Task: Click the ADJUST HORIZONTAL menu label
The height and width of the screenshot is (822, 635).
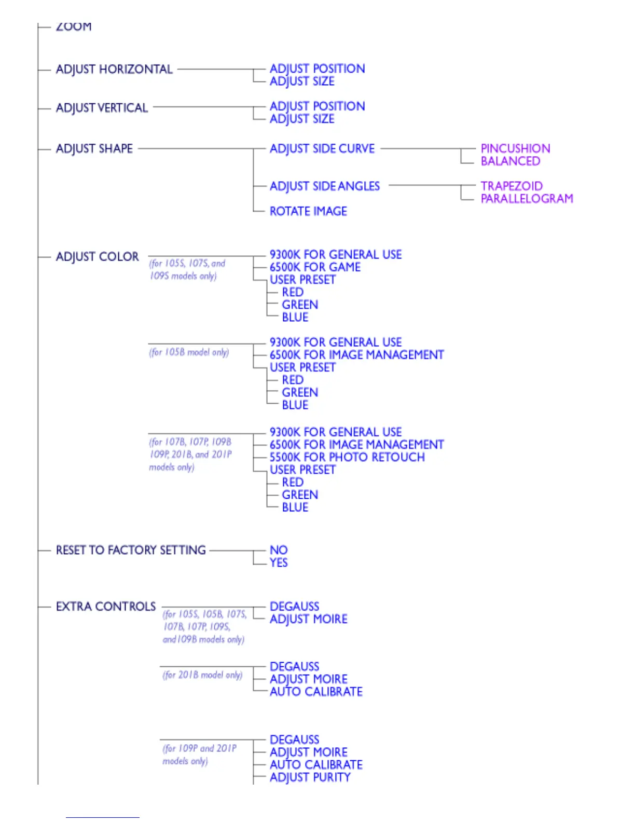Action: pos(114,70)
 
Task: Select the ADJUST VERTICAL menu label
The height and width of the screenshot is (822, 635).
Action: pos(102,108)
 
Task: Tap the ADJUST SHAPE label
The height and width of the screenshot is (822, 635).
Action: pos(94,149)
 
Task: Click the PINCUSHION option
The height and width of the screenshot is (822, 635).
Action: pos(515,149)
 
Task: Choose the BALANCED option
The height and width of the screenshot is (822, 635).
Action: pos(510,161)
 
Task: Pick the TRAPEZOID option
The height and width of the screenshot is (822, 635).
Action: pos(512,186)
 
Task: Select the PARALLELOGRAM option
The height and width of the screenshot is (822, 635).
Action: pos(527,199)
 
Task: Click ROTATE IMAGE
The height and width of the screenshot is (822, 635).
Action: pos(308,211)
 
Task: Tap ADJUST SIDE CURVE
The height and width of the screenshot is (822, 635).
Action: pos(322,149)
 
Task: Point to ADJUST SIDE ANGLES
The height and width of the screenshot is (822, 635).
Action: pos(324,186)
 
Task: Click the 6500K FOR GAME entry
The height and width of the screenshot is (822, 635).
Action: pos(315,267)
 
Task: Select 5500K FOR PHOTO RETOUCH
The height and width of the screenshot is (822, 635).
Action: pos(347,457)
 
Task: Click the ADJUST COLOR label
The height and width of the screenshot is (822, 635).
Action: pos(97,257)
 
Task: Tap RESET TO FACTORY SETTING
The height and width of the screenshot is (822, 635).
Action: pos(131,550)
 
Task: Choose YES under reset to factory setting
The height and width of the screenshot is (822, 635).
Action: pos(279,563)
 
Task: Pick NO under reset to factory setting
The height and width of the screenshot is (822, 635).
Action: pos(279,550)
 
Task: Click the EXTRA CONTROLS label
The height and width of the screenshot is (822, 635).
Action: pos(106,607)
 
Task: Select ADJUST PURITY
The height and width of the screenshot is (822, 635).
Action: pos(310,777)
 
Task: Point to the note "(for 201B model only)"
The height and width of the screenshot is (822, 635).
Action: pos(202,675)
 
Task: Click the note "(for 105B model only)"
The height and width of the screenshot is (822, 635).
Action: pos(189,352)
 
